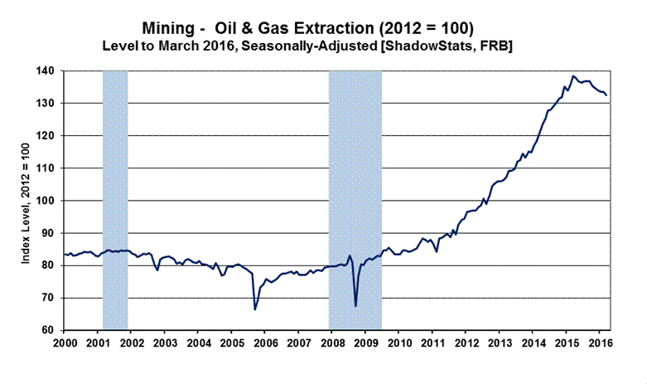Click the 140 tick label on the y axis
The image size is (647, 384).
tap(48, 71)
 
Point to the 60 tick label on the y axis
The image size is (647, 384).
tap(51, 330)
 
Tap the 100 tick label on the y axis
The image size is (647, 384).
tap(48, 201)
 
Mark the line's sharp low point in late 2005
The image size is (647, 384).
tap(254, 309)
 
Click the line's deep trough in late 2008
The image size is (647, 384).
tap(355, 306)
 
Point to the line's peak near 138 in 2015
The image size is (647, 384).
tap(574, 76)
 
